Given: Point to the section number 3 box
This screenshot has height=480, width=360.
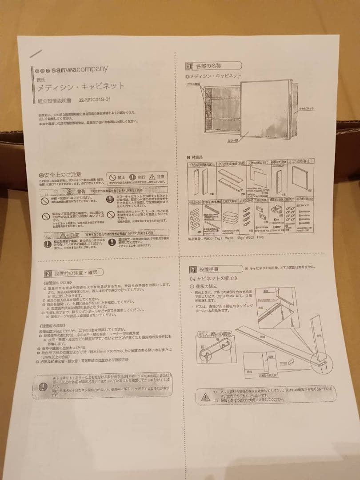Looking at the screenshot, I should tap(192, 269).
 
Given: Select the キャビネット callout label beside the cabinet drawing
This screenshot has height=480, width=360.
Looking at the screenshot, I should tap(307, 108).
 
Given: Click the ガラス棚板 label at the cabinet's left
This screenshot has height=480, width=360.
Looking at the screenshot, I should tap(195, 84).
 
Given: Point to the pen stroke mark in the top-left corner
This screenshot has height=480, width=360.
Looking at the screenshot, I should tap(35, 54).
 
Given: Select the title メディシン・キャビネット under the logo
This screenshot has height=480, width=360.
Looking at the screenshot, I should tap(80, 86).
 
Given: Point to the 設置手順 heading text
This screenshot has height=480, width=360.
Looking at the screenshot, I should tap(208, 269).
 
